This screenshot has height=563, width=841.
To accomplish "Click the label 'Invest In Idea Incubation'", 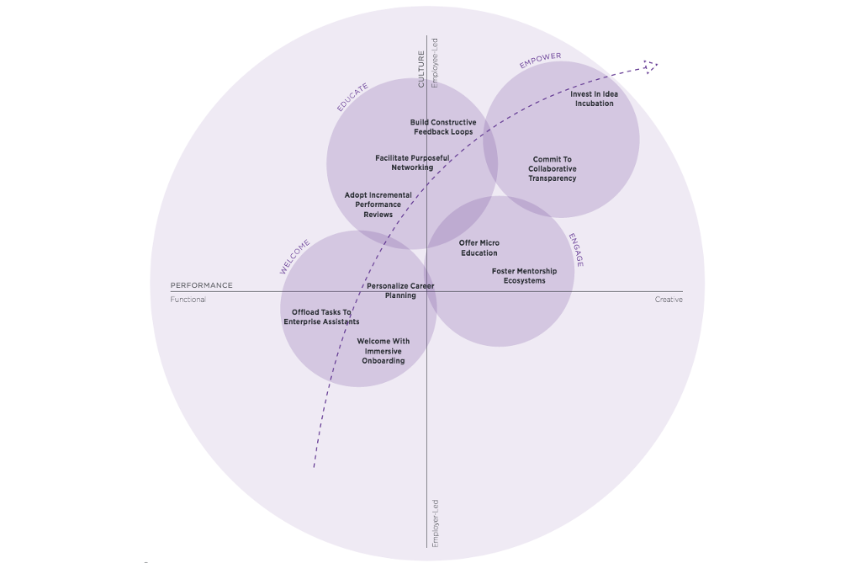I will point(594,98).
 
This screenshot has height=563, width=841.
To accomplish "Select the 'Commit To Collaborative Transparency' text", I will point(553,168).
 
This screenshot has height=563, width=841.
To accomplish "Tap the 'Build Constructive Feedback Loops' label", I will point(443,127).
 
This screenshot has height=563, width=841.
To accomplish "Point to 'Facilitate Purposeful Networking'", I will point(412,162).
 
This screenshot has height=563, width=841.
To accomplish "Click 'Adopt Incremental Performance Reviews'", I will point(378,204).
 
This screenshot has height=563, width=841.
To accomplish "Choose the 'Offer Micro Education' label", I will point(479,247).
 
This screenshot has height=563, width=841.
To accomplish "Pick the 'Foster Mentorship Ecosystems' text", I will point(524,275).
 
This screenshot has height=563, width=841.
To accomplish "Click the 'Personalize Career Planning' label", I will point(400,290).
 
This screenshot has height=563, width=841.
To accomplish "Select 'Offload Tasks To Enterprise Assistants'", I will point(321,316).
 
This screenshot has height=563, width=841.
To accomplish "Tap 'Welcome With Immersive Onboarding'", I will point(383,351).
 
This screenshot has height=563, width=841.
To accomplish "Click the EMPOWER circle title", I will point(540,61).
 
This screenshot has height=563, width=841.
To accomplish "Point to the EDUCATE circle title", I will point(352,97).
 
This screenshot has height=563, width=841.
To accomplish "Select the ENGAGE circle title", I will point(576,250).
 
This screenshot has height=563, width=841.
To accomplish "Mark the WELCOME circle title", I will point(294,257).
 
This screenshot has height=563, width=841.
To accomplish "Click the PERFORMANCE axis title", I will point(202,285).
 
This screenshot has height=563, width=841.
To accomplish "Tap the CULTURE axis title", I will point(422,69).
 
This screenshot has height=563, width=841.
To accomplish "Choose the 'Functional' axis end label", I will point(188,300).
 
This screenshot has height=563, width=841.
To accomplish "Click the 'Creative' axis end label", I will point(669,300).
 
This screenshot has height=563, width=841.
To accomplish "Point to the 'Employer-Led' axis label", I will point(435,523).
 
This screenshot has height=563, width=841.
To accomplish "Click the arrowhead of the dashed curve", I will point(650,65).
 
